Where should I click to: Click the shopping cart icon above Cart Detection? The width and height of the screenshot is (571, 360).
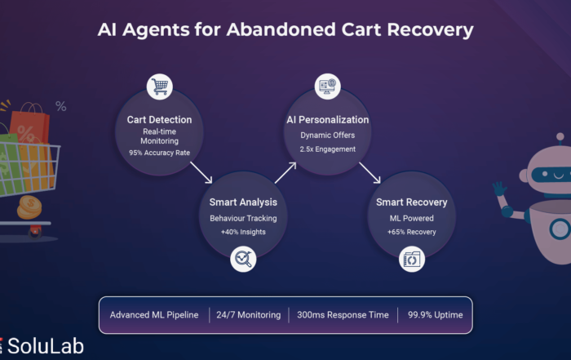click(x=159, y=86)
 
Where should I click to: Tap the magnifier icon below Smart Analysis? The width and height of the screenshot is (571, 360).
click(x=243, y=260)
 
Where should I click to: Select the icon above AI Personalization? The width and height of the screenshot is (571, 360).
click(x=328, y=86)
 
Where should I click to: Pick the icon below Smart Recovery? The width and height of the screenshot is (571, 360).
click(x=412, y=260)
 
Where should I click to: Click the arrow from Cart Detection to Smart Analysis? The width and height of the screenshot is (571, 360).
click(x=201, y=171)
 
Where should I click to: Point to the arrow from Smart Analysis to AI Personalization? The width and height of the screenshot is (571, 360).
click(x=285, y=171)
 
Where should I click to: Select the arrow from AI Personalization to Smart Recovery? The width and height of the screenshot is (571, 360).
click(x=370, y=171)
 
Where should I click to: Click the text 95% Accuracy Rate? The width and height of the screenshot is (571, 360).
click(x=159, y=153)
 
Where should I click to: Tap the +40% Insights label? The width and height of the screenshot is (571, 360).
click(x=243, y=233)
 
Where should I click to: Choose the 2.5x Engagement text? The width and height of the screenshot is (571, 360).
click(x=328, y=149)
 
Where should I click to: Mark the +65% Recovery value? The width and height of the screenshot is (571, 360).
click(x=412, y=232)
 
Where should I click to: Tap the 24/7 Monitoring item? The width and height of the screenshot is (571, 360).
click(x=249, y=314)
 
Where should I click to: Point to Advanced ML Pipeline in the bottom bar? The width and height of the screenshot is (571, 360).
click(x=154, y=314)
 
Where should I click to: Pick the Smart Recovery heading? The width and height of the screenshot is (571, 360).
click(x=412, y=202)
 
